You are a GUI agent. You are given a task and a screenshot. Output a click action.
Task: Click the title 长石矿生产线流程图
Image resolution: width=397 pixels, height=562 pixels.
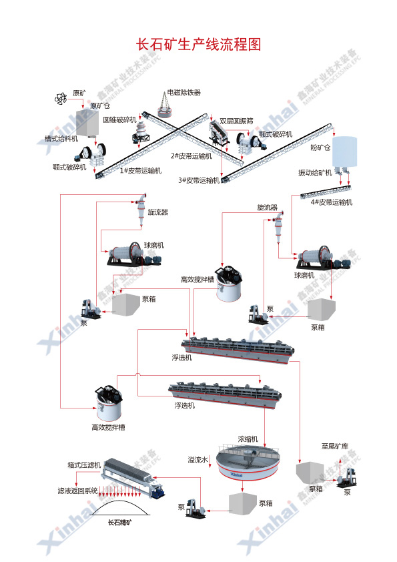click(x=198, y=45)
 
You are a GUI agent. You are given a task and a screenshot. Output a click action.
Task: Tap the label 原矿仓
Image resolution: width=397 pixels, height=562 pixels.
click(x=100, y=105)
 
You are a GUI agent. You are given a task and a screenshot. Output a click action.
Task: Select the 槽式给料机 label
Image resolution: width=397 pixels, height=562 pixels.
click(x=61, y=138)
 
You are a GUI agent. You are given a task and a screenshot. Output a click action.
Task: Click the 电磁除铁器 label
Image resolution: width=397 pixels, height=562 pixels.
click(x=183, y=92)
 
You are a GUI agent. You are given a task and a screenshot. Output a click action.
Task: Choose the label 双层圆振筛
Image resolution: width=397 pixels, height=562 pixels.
click(x=237, y=121)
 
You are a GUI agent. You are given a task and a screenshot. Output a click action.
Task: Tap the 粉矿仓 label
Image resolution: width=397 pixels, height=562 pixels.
click(x=320, y=146)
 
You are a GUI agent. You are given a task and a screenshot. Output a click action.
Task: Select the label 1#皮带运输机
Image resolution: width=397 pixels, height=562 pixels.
click(x=141, y=170)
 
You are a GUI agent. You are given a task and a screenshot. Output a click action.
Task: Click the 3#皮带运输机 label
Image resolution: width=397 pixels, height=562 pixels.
click(x=198, y=180)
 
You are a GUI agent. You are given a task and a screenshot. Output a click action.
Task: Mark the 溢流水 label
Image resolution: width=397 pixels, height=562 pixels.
click(x=198, y=459)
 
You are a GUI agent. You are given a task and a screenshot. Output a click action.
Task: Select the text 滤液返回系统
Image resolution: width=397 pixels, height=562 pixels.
click(x=77, y=491)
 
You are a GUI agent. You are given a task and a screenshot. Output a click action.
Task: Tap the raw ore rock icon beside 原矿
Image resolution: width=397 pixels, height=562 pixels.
click(x=61, y=99)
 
